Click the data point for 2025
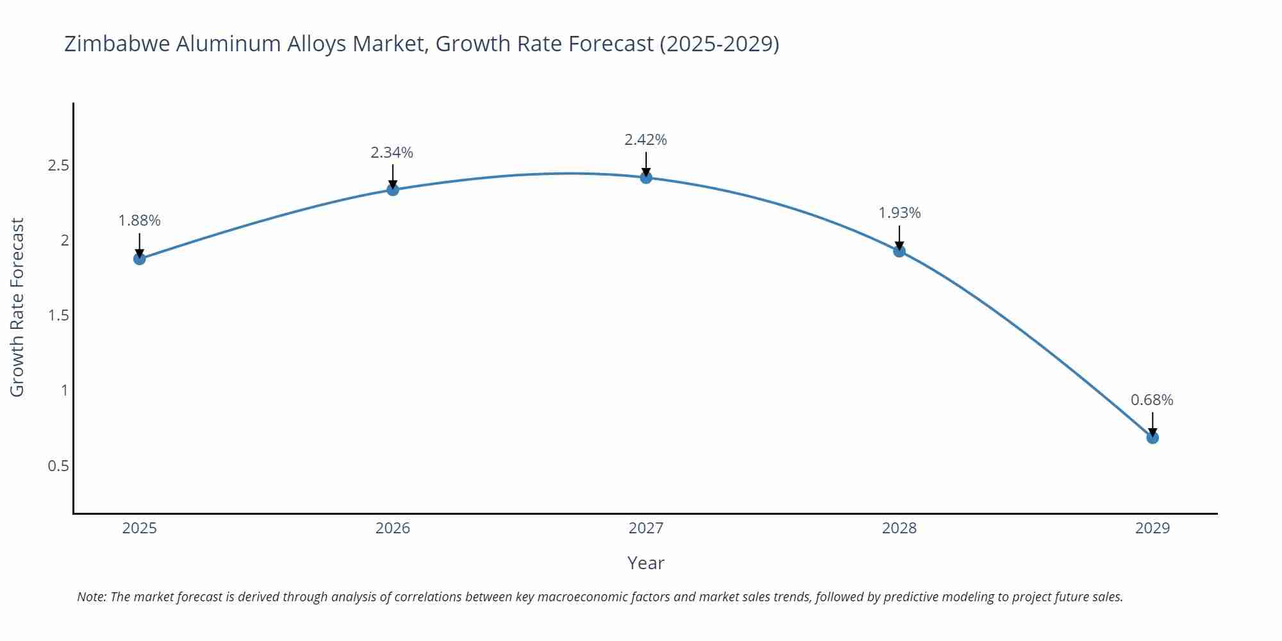[140, 259]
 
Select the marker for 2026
[393, 190]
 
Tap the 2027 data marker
[646, 178]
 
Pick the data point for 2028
[899, 251]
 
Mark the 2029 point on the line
[1153, 438]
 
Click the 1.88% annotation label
[140, 221]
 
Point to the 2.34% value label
[392, 153]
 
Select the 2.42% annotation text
[646, 140]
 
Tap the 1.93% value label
[899, 213]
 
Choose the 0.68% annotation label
[1152, 400]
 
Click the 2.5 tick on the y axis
[58, 166]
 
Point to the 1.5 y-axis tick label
[58, 315]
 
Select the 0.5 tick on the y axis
[58, 466]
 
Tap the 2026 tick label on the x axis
[393, 528]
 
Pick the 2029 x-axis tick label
[1153, 528]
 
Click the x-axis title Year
[645, 563]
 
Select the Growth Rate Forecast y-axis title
[17, 307]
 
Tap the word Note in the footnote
[92, 597]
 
